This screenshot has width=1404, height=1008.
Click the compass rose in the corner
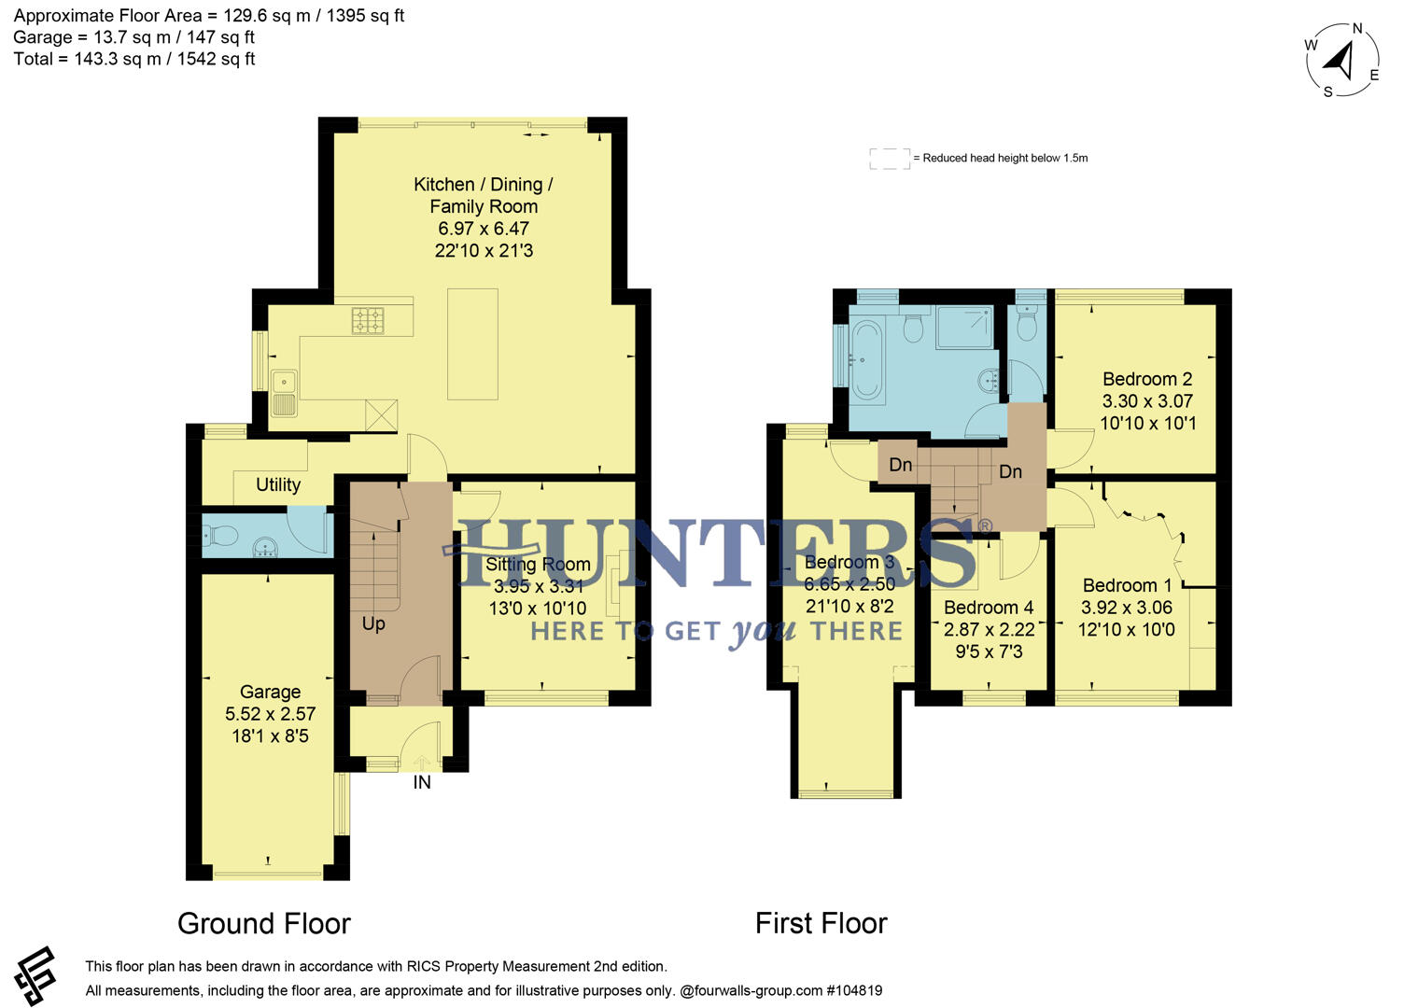[1342, 60]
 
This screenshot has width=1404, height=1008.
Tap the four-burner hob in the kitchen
[368, 320]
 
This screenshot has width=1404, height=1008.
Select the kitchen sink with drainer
[284, 392]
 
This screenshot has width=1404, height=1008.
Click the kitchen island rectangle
[472, 343]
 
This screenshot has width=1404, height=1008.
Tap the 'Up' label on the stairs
[373, 623]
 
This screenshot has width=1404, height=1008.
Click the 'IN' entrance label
[422, 782]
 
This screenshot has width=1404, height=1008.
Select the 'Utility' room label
[278, 484]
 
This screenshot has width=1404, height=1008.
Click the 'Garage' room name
[270, 692]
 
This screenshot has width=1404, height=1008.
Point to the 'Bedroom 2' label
[1147, 379]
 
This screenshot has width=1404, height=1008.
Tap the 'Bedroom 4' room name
[989, 608]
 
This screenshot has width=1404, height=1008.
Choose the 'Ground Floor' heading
[264, 923]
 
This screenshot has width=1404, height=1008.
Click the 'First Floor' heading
[821, 923]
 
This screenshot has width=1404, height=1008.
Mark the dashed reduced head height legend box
[890, 159]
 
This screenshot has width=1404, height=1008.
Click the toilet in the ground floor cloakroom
[220, 536]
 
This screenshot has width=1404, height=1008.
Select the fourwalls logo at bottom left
[35, 976]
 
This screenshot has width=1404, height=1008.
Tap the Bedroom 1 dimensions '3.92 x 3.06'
[1127, 608]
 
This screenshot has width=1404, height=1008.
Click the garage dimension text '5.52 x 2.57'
[270, 714]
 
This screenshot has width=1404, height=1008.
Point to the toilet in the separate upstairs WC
[1026, 326]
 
